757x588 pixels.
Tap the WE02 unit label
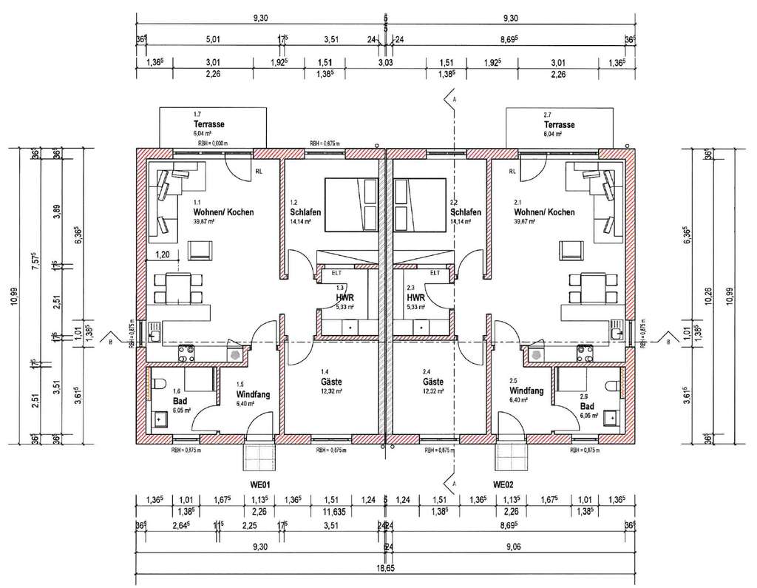(503, 485)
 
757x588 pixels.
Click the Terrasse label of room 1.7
(208, 125)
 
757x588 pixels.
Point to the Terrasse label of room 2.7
(560, 125)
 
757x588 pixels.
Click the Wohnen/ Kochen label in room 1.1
(223, 212)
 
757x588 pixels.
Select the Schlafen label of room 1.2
(305, 212)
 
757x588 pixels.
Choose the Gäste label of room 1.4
(330, 382)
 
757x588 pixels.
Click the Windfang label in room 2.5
(527, 390)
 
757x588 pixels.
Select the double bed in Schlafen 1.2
(350, 203)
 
